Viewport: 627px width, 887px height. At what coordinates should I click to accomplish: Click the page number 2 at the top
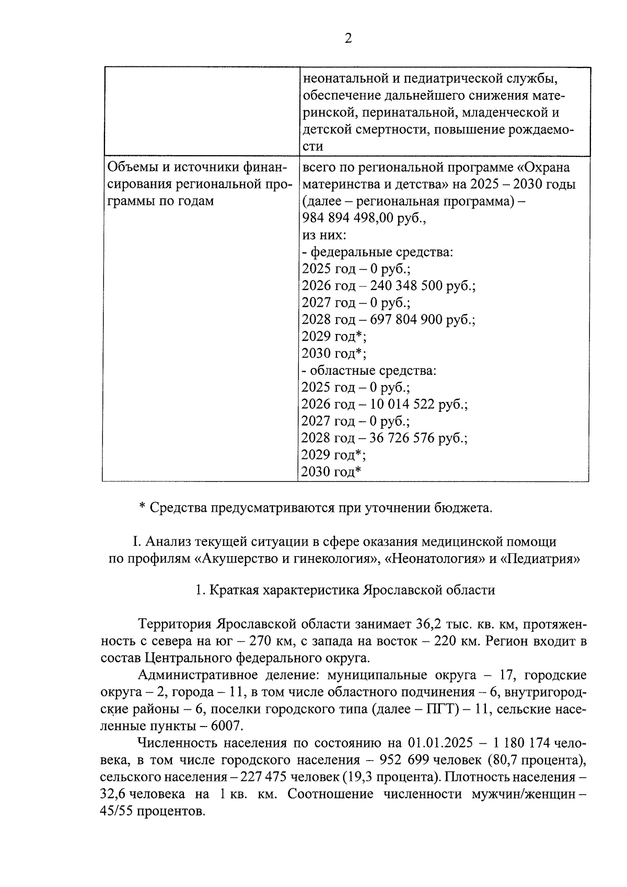pyautogui.click(x=348, y=39)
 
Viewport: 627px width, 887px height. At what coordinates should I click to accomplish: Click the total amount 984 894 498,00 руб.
pyautogui.click(x=364, y=218)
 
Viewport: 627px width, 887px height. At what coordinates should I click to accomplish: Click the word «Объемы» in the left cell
pyautogui.click(x=133, y=168)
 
